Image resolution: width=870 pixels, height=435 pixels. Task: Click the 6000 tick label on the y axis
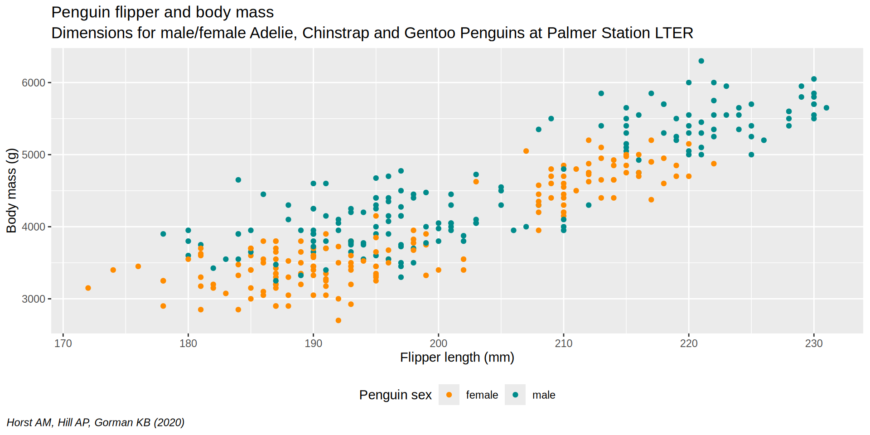pyautogui.click(x=34, y=83)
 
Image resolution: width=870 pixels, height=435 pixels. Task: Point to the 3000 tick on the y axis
pyautogui.click(x=34, y=299)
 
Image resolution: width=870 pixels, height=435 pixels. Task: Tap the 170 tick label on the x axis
pyautogui.click(x=63, y=343)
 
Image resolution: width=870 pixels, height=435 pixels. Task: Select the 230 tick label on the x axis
pyautogui.click(x=814, y=343)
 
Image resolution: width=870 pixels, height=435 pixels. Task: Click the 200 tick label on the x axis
pyautogui.click(x=438, y=343)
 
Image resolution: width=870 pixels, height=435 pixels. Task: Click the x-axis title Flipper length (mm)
pyautogui.click(x=457, y=358)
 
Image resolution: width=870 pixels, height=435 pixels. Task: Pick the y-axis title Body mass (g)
pyautogui.click(x=11, y=190)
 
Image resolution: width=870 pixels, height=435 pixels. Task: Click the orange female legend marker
pyautogui.click(x=449, y=395)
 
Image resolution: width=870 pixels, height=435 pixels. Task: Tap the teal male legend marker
pyautogui.click(x=515, y=395)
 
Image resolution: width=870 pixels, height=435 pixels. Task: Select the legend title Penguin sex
pyautogui.click(x=395, y=395)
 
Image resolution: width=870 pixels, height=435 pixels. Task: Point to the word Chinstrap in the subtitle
pyautogui.click(x=335, y=33)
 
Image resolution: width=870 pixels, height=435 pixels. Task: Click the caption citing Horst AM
pyautogui.click(x=96, y=422)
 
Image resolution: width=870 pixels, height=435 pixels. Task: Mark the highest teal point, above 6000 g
pyautogui.click(x=701, y=61)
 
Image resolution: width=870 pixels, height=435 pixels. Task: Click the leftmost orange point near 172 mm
pyautogui.click(x=88, y=288)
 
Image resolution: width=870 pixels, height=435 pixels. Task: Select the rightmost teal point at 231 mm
pyautogui.click(x=826, y=108)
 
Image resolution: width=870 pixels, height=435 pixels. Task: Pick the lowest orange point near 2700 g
pyautogui.click(x=338, y=320)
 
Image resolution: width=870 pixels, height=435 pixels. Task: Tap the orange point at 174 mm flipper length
pyautogui.click(x=113, y=270)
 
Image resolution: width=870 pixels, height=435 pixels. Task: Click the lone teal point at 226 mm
pyautogui.click(x=764, y=140)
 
